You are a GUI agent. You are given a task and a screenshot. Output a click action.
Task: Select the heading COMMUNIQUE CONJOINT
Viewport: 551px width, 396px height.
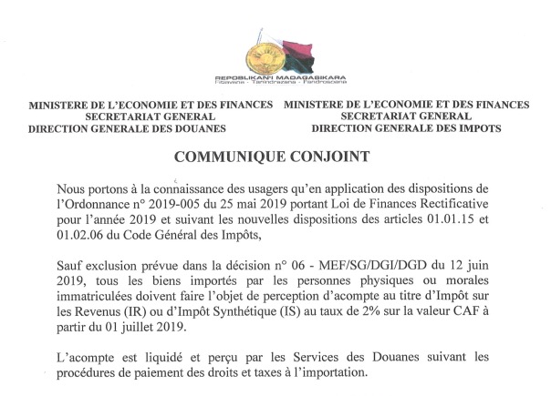[x=275, y=157]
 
